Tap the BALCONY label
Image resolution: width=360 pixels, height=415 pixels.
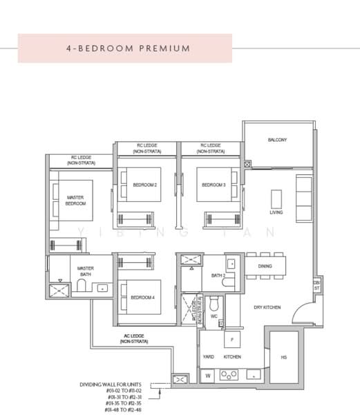tap(277, 140)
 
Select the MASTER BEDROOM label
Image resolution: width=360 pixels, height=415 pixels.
tap(75, 201)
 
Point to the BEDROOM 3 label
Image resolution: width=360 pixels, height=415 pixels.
tap(214, 185)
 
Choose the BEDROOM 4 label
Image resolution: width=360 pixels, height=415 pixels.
tap(142, 298)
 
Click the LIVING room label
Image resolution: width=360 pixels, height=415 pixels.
tap(276, 212)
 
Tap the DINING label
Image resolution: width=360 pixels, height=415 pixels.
tap(265, 266)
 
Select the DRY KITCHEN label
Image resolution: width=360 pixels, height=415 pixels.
tap(267, 306)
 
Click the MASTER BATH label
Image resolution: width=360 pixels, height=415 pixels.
tap(85, 272)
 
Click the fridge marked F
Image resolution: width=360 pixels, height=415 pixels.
tap(231, 340)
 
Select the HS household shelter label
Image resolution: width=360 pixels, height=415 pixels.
tap(283, 357)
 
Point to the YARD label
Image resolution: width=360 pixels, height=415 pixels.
tap(208, 357)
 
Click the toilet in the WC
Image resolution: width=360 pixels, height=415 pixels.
tap(214, 304)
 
